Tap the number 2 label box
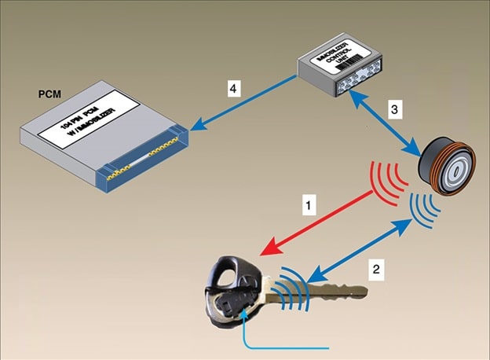[x=378, y=270]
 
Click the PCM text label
[x=49, y=94]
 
